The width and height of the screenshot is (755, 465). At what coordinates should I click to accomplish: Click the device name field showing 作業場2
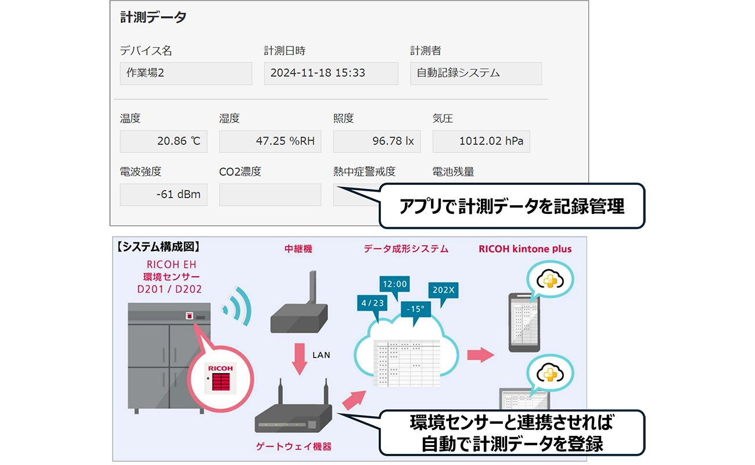186,74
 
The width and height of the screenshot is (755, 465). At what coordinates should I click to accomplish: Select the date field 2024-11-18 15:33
330,74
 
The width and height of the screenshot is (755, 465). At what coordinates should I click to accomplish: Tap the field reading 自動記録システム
476,74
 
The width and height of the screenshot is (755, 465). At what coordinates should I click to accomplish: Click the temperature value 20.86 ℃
163,141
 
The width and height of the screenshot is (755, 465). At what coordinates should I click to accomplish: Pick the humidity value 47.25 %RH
270,141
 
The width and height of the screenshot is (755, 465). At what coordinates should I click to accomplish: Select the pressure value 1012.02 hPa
481,141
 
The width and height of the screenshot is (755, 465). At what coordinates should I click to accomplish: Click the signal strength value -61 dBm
163,195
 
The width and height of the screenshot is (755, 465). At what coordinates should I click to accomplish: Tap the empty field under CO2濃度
270,195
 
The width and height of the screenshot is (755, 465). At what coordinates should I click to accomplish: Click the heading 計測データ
153,17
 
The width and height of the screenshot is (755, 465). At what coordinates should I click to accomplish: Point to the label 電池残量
453,172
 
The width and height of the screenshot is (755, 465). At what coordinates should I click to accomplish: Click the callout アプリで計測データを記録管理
512,206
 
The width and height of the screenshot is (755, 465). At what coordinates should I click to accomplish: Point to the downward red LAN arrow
300,357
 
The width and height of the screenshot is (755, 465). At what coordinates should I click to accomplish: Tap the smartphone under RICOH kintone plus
524,322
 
